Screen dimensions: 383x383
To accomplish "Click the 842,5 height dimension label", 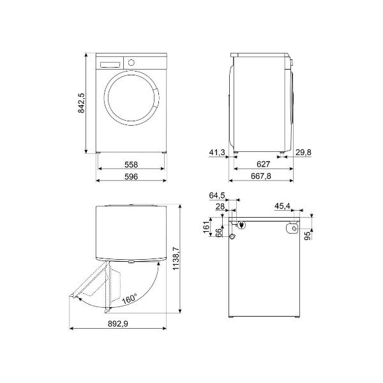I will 82,103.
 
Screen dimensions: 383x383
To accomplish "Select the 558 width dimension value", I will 131,164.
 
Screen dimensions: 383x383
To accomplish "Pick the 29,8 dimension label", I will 322,152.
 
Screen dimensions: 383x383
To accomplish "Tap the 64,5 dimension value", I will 217,195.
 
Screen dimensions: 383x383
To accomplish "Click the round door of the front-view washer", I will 131,98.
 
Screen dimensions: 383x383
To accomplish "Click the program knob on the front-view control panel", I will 131,63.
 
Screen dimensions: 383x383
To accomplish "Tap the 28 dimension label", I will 220,206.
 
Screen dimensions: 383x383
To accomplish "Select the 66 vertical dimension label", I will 218,234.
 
